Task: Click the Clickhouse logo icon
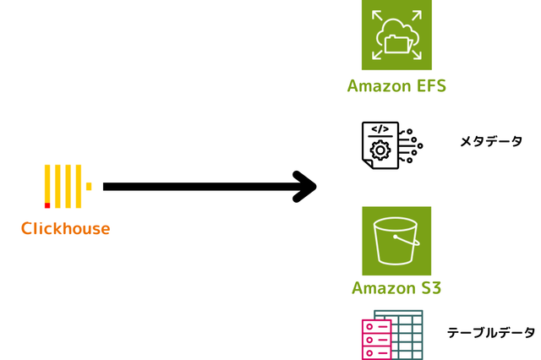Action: pos(67,187)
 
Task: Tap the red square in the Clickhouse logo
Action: pos(47,205)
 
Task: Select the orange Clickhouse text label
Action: pos(65,228)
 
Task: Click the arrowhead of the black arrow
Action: pos(305,187)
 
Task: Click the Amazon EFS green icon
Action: pos(396,35)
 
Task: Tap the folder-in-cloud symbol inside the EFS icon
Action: pos(396,38)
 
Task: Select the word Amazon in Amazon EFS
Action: pos(378,86)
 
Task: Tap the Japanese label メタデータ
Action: pos(491,141)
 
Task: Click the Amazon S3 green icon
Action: pos(396,240)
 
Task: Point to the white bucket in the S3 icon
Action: pos(396,241)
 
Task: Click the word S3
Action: pos(430,287)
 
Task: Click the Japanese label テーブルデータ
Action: pos(491,333)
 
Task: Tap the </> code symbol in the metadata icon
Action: pos(380,130)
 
